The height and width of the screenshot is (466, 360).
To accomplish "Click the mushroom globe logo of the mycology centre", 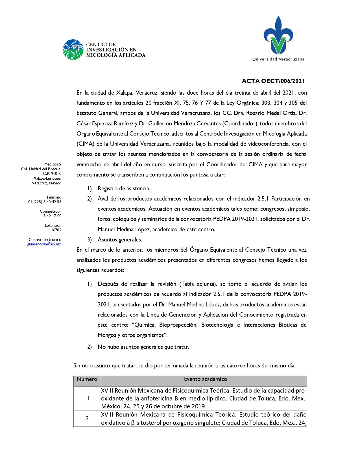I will coord(73,49).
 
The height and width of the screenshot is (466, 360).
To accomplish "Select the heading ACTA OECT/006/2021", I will coord(273,81).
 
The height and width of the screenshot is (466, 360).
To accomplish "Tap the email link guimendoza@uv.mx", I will coord(44,244).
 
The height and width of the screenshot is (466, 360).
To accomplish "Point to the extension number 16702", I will coord(56,230).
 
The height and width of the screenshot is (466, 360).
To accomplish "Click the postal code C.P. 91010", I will coord(52,174).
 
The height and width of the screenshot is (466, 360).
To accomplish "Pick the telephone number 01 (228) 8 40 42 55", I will coord(45,202).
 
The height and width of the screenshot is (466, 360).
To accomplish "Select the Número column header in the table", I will coord(87,379).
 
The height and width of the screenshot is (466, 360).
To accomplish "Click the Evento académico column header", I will coord(205,379).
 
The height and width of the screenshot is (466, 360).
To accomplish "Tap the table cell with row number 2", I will coord(87,418).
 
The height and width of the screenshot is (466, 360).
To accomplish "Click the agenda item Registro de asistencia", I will coord(124,189).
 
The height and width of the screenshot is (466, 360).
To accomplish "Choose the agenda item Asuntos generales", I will coord(120,240).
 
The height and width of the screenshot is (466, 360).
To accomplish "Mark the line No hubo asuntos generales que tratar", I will coord(143,347).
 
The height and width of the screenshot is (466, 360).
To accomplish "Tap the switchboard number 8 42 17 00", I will coord(52,216).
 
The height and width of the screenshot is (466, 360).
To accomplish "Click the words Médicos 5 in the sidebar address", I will coord(53,164).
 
